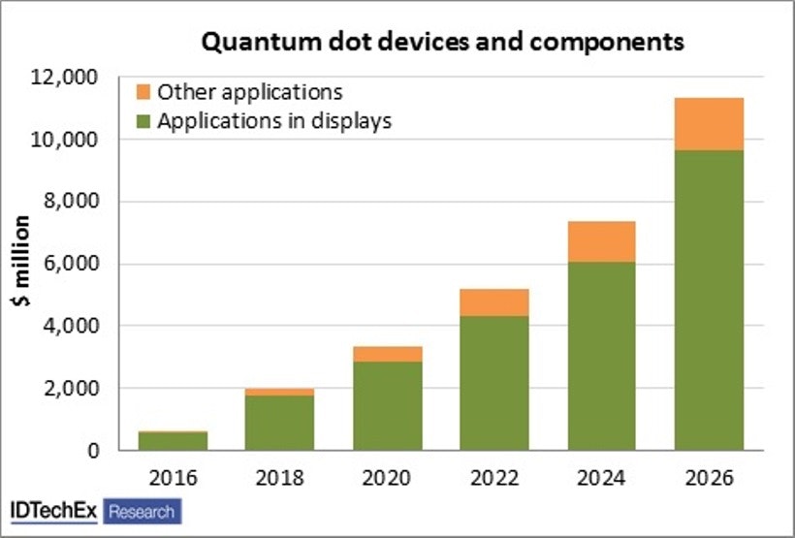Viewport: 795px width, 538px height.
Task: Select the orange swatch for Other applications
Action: click(143, 93)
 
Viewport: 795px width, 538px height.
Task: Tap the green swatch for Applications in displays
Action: click(143, 122)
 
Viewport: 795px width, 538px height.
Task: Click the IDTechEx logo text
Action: click(53, 511)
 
